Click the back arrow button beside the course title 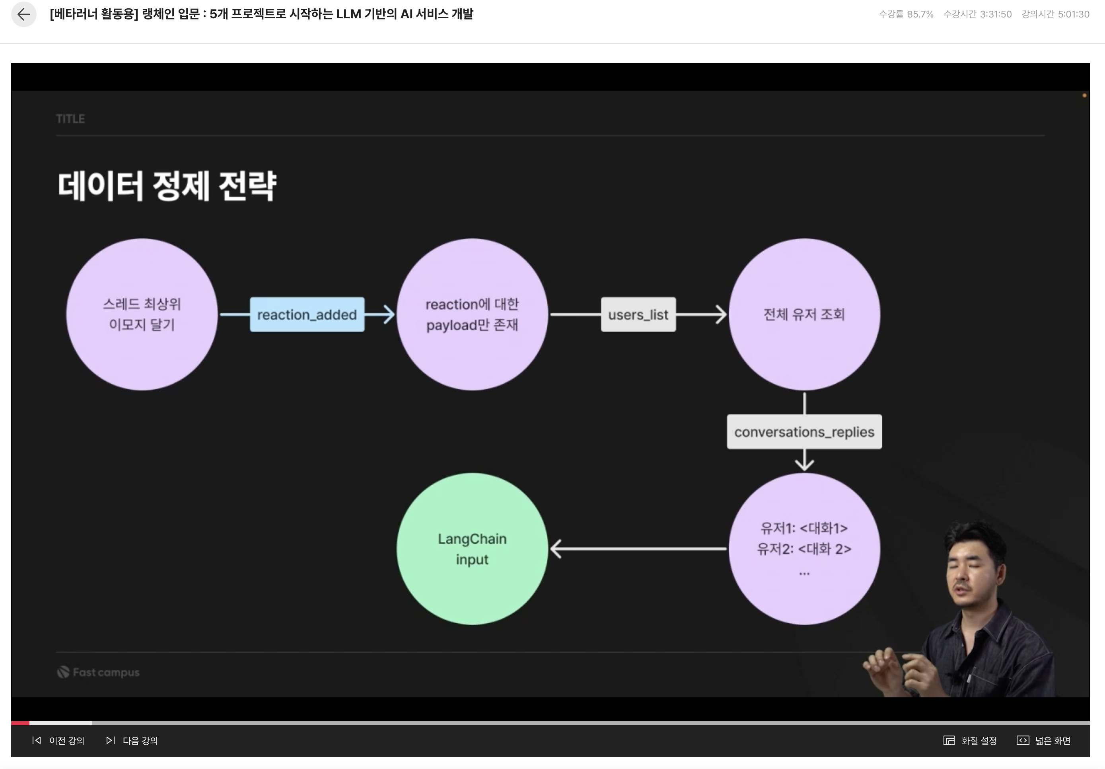click(23, 14)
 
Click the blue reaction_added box click(307, 314)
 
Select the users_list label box click(638, 314)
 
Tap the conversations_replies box click(804, 432)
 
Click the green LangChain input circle click(472, 549)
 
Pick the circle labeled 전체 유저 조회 click(804, 314)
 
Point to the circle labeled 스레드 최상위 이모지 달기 click(142, 314)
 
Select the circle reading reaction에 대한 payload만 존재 click(472, 314)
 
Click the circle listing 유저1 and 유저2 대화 click(804, 549)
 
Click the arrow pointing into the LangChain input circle click(558, 549)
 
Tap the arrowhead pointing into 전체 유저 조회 click(720, 314)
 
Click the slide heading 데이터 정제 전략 click(167, 186)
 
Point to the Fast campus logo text click(106, 672)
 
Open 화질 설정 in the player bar click(970, 741)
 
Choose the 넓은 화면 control click(1043, 741)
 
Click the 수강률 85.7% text click(906, 14)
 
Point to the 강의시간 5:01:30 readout click(1055, 14)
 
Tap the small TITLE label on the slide click(70, 119)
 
